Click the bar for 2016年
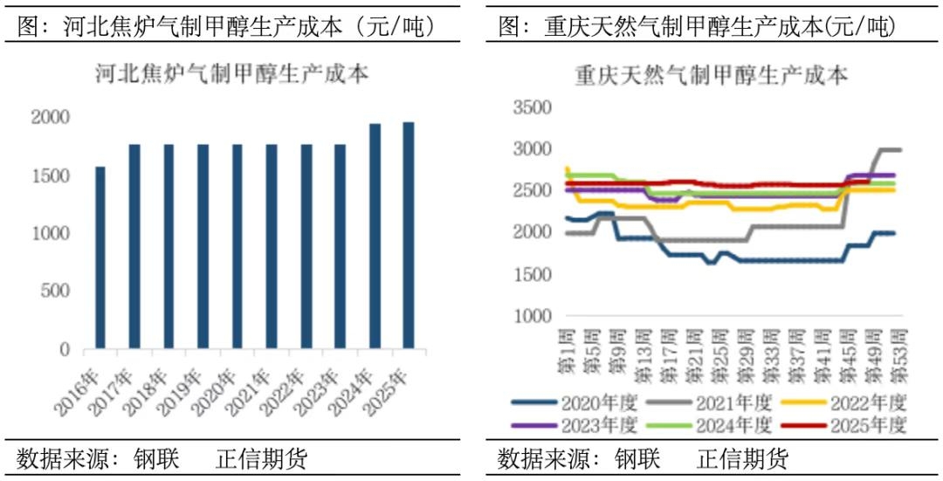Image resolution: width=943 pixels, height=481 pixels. (100, 258)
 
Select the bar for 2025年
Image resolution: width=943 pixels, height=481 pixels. (408, 236)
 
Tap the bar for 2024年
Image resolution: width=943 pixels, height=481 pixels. (374, 237)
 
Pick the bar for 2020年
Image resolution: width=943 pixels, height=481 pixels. (237, 247)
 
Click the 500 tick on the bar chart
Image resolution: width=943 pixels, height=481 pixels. (58, 292)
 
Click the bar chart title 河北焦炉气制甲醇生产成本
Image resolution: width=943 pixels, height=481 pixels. (231, 74)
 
